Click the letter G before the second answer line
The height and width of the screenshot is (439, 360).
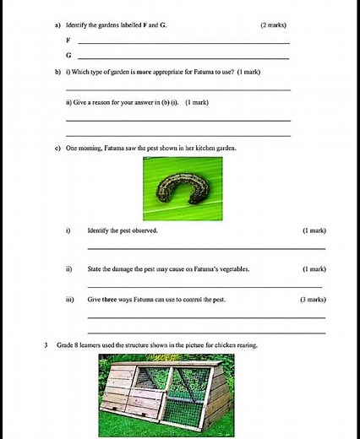tap(68, 55)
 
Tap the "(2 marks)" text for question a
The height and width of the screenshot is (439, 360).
tap(276, 25)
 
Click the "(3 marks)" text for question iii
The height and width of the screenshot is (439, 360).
tap(313, 300)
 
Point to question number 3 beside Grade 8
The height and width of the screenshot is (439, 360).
tap(46, 345)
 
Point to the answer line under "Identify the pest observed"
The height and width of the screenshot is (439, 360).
tap(205, 248)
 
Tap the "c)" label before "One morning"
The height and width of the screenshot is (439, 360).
tap(56, 148)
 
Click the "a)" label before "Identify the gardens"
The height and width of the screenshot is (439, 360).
tap(56, 25)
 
